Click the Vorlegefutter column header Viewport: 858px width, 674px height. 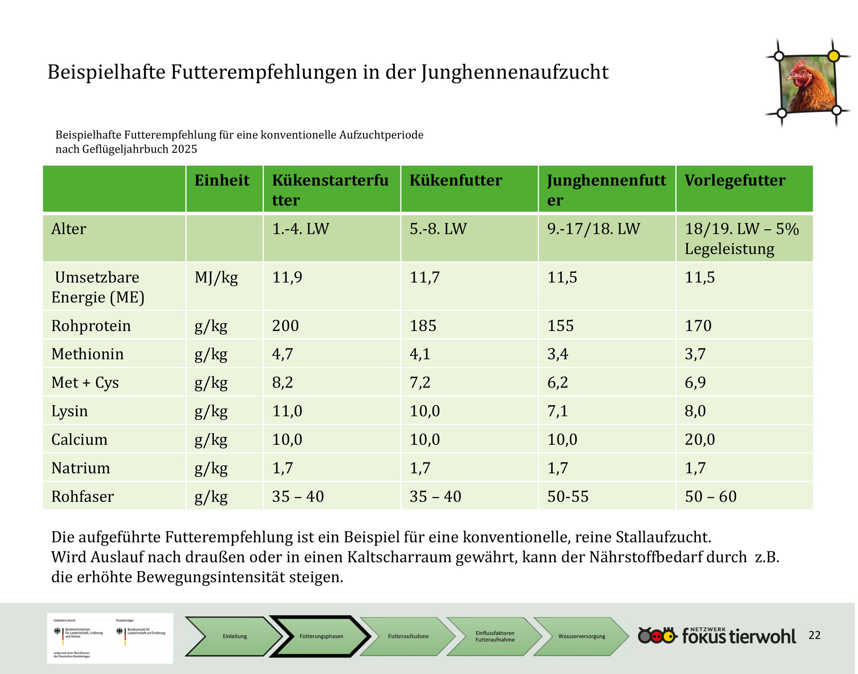click(735, 180)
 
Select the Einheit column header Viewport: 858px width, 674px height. click(222, 180)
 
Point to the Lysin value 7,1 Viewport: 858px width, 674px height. click(557, 411)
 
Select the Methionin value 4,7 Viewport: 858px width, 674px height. click(282, 354)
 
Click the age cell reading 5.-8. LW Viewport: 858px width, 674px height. click(438, 229)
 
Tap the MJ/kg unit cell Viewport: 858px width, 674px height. click(216, 278)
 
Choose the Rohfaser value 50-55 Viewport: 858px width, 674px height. click(568, 496)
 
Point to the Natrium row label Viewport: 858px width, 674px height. click(80, 468)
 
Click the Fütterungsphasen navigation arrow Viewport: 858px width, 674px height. click(321, 636)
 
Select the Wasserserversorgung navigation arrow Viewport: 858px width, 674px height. click(581, 636)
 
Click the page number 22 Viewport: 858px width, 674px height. click(815, 635)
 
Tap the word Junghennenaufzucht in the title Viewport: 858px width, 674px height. click(515, 72)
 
